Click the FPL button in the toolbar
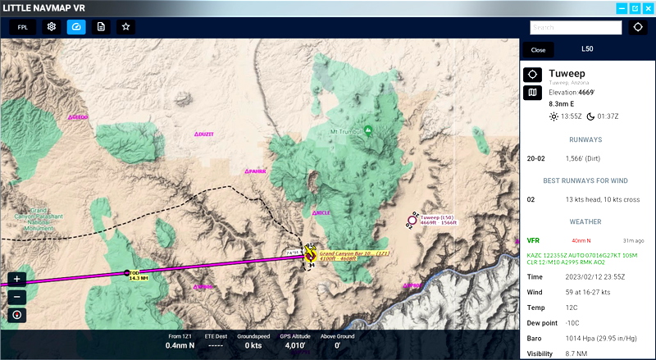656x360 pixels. (x=22, y=26)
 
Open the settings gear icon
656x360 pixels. (x=51, y=26)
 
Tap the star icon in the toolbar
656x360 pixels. (x=125, y=26)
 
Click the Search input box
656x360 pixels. (x=575, y=27)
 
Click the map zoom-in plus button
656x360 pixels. (x=17, y=279)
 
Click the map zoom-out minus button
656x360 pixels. (x=17, y=296)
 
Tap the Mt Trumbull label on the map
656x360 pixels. (x=345, y=131)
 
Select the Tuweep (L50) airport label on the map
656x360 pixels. (x=436, y=218)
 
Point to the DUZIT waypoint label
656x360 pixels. (x=205, y=134)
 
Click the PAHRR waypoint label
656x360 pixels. (x=257, y=171)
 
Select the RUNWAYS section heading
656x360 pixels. (x=585, y=139)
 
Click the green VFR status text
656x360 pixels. (x=533, y=240)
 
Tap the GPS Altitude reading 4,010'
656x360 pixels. (x=293, y=346)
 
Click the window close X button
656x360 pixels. (x=645, y=8)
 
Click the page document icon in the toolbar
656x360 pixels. (x=101, y=26)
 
